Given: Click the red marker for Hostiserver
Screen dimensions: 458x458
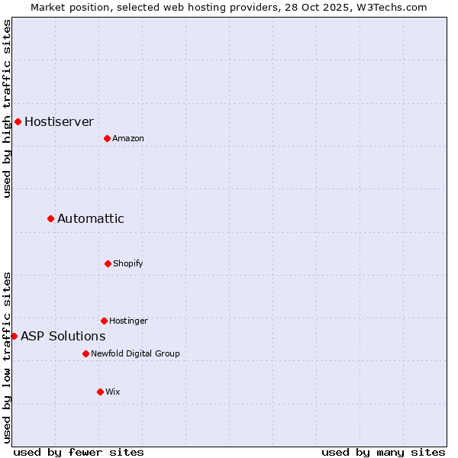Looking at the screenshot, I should click(x=18, y=121).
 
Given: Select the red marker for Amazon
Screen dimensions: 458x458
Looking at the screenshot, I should click(x=107, y=138).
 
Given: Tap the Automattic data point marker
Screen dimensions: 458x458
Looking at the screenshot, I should click(x=50, y=218).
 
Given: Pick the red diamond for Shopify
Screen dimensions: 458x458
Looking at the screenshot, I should click(x=108, y=263).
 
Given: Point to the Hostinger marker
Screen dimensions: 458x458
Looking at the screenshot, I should click(x=104, y=321).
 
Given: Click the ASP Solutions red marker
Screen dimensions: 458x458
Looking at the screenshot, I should click(x=14, y=336).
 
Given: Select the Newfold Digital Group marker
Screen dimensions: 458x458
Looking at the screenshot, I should click(x=85, y=353).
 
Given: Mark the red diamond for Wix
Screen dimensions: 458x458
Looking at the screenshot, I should click(x=100, y=392).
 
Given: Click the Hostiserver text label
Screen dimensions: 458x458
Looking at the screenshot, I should click(x=59, y=121).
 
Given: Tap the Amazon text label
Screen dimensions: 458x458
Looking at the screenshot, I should click(x=128, y=138).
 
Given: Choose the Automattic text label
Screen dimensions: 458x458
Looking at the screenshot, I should click(x=90, y=218).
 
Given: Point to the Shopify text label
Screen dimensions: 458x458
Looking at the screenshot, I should click(x=128, y=263).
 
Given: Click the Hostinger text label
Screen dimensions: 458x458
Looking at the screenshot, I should click(x=128, y=321).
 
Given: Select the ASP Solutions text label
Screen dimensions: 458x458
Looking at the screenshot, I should click(x=63, y=336).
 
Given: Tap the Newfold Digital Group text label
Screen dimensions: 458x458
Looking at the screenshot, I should click(x=135, y=353).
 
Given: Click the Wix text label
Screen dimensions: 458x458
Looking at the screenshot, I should click(x=113, y=392).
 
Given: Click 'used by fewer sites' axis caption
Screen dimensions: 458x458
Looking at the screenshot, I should click(x=79, y=452).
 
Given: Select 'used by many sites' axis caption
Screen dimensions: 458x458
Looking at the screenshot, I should click(x=383, y=452).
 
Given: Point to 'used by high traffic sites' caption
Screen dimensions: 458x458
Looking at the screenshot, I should click(x=7, y=108).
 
